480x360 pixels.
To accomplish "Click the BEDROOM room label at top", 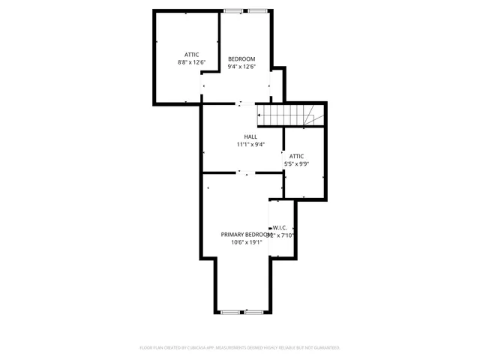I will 241,59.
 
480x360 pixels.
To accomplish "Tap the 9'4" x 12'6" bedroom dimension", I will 241,67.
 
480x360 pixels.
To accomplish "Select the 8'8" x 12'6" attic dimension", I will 191,62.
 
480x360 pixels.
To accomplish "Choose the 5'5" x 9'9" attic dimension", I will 296,163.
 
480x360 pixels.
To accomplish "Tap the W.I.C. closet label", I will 280,227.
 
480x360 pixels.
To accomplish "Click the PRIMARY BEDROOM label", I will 245,235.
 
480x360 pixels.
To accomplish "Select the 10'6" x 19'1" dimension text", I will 247,242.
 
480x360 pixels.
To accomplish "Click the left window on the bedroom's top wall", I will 233,10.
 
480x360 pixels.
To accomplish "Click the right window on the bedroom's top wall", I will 257,10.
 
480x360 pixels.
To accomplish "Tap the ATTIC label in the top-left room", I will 191,55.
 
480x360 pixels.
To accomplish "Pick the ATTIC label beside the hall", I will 297,156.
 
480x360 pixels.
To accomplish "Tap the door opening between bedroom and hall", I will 240,103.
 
